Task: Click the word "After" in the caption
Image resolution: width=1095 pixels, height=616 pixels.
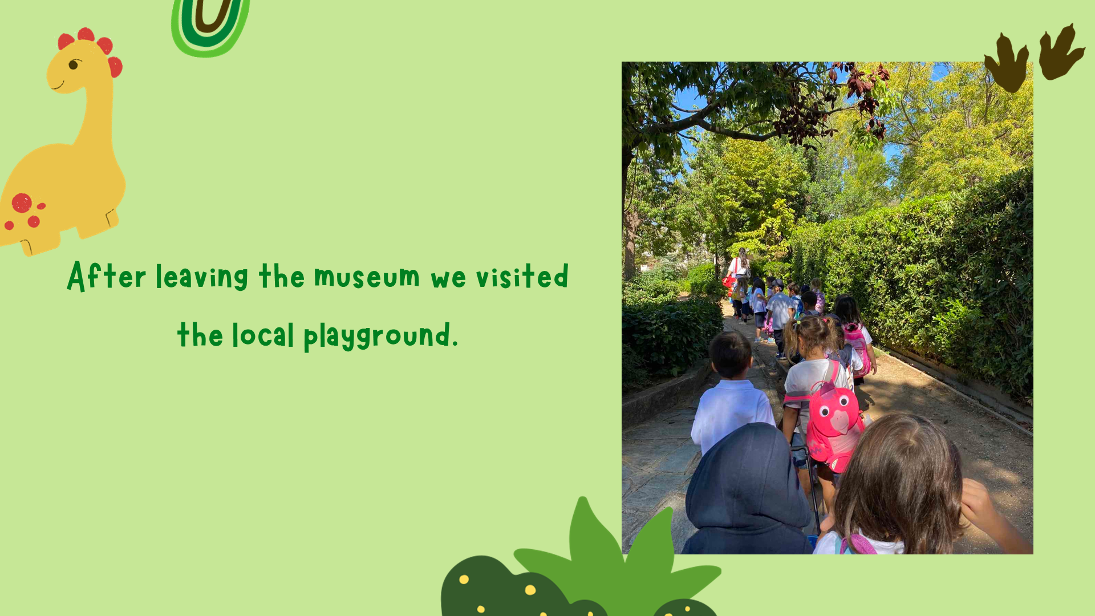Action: [x=107, y=276]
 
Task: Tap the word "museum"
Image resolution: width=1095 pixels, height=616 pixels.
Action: [x=367, y=277]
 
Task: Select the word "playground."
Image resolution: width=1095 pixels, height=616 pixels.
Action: [x=380, y=336]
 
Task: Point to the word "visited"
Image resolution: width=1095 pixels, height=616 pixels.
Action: [x=522, y=276]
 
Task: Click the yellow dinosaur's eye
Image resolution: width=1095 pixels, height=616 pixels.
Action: [x=74, y=64]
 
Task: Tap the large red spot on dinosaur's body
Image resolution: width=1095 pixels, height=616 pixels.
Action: [x=22, y=203]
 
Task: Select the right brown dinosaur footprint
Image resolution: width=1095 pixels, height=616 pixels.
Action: [x=1061, y=51]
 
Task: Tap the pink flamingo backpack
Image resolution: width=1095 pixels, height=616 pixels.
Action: [x=835, y=423]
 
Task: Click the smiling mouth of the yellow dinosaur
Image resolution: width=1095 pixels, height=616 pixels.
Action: [x=57, y=86]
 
